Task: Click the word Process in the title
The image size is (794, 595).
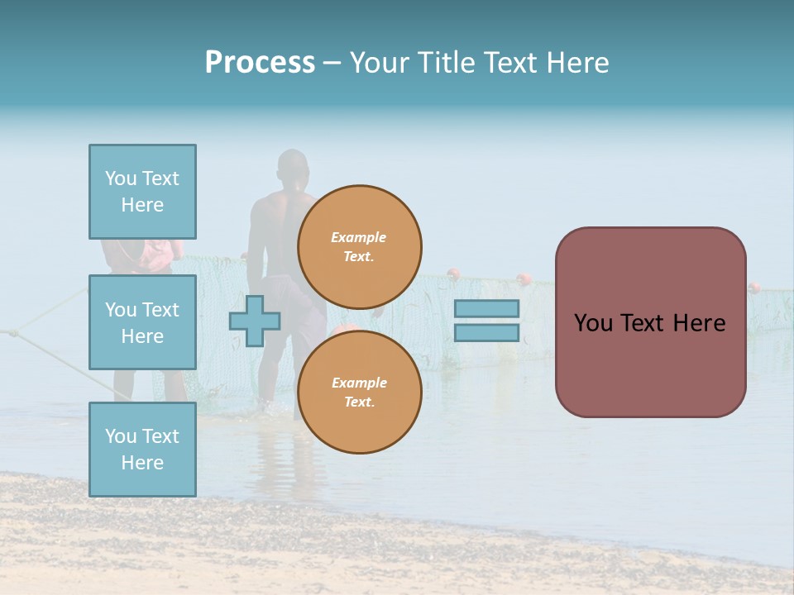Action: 260,63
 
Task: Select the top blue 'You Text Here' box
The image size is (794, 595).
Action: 142,192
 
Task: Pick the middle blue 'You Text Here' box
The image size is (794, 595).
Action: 142,322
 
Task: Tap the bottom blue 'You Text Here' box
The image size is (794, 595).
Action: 142,450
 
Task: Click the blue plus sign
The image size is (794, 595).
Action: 255,321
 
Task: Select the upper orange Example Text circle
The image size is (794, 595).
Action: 359,247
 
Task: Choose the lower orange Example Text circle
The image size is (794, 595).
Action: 359,393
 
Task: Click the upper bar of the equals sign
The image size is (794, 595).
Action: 487,308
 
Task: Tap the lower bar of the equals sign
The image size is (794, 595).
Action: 487,332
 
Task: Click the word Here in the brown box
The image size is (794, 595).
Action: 697,323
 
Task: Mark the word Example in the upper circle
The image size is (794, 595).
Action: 359,238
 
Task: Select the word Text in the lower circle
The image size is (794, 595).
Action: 359,402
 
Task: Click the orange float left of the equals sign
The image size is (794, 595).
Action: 452,274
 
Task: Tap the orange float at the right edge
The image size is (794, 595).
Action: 753,288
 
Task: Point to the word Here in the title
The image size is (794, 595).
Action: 578,63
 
